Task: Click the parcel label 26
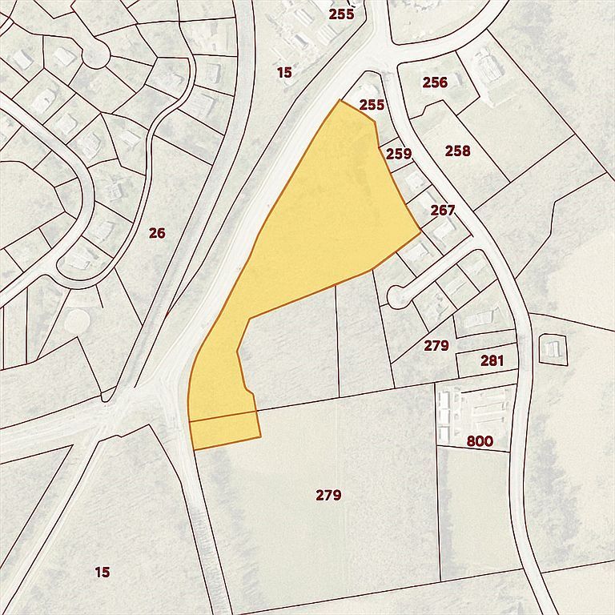tap(157, 233)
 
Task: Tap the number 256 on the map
tap(435, 82)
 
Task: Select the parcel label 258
tap(458, 151)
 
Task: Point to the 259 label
tap(398, 154)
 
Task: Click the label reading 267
tap(442, 211)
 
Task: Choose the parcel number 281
tap(492, 361)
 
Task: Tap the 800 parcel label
tap(480, 441)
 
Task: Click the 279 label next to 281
tap(436, 345)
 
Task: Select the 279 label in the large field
tap(328, 495)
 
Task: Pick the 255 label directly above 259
tap(372, 104)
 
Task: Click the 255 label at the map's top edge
tap(341, 14)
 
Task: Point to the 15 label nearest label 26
tap(284, 73)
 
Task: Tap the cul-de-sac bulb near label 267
tap(396, 296)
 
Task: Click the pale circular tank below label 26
tap(78, 321)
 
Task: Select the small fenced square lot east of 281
tap(553, 348)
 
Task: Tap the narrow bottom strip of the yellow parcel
tap(225, 431)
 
